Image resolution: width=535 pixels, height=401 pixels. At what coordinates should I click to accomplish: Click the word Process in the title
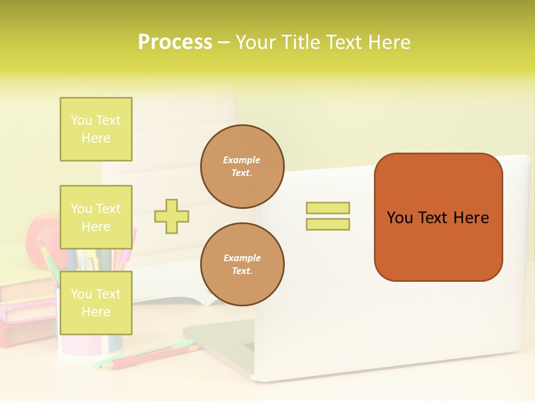point(175,42)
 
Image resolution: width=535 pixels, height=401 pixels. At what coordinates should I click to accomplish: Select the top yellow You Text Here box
point(96,129)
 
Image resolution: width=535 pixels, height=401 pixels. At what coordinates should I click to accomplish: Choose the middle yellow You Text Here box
point(96,217)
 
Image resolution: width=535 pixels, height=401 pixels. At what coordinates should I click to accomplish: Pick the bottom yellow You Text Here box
point(96,303)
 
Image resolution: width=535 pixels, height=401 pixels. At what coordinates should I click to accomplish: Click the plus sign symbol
point(172,216)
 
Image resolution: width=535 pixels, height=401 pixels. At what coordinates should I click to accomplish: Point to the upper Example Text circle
point(242,167)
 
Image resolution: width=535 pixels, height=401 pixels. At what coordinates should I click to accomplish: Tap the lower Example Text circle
point(242,265)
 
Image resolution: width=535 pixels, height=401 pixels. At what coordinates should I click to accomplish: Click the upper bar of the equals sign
point(328,208)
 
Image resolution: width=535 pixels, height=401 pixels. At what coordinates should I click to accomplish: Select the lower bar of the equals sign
point(328,224)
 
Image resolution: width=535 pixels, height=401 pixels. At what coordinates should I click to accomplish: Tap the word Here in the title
point(390,42)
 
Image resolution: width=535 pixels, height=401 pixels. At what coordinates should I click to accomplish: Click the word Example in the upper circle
point(242,160)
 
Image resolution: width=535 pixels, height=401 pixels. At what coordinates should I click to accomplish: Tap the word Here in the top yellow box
point(96,138)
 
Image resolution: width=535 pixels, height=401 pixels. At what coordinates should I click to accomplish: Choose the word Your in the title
point(255,42)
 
